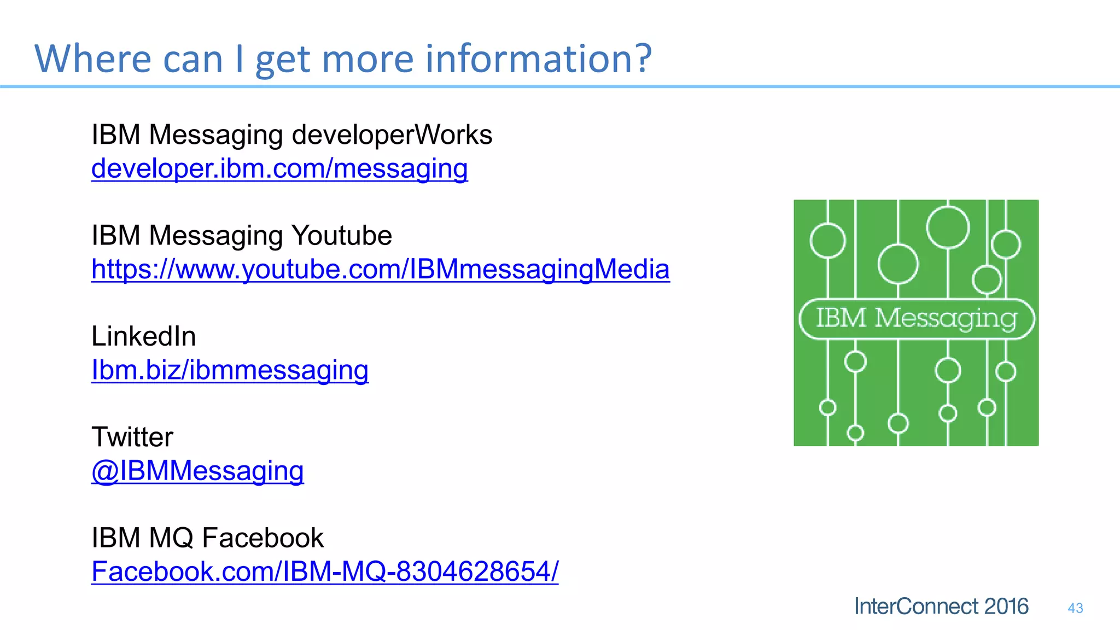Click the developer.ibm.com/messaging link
279,168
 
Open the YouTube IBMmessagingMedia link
380,269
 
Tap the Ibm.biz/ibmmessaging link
230,370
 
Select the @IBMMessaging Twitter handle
197,471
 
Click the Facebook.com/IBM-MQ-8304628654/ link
325,571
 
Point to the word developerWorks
392,135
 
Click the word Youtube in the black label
341,236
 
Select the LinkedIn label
143,336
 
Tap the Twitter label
132,437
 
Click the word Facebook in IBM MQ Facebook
263,538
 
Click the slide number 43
1075,608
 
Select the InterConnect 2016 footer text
941,606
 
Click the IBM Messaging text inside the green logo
917,318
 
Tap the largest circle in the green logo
948,227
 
